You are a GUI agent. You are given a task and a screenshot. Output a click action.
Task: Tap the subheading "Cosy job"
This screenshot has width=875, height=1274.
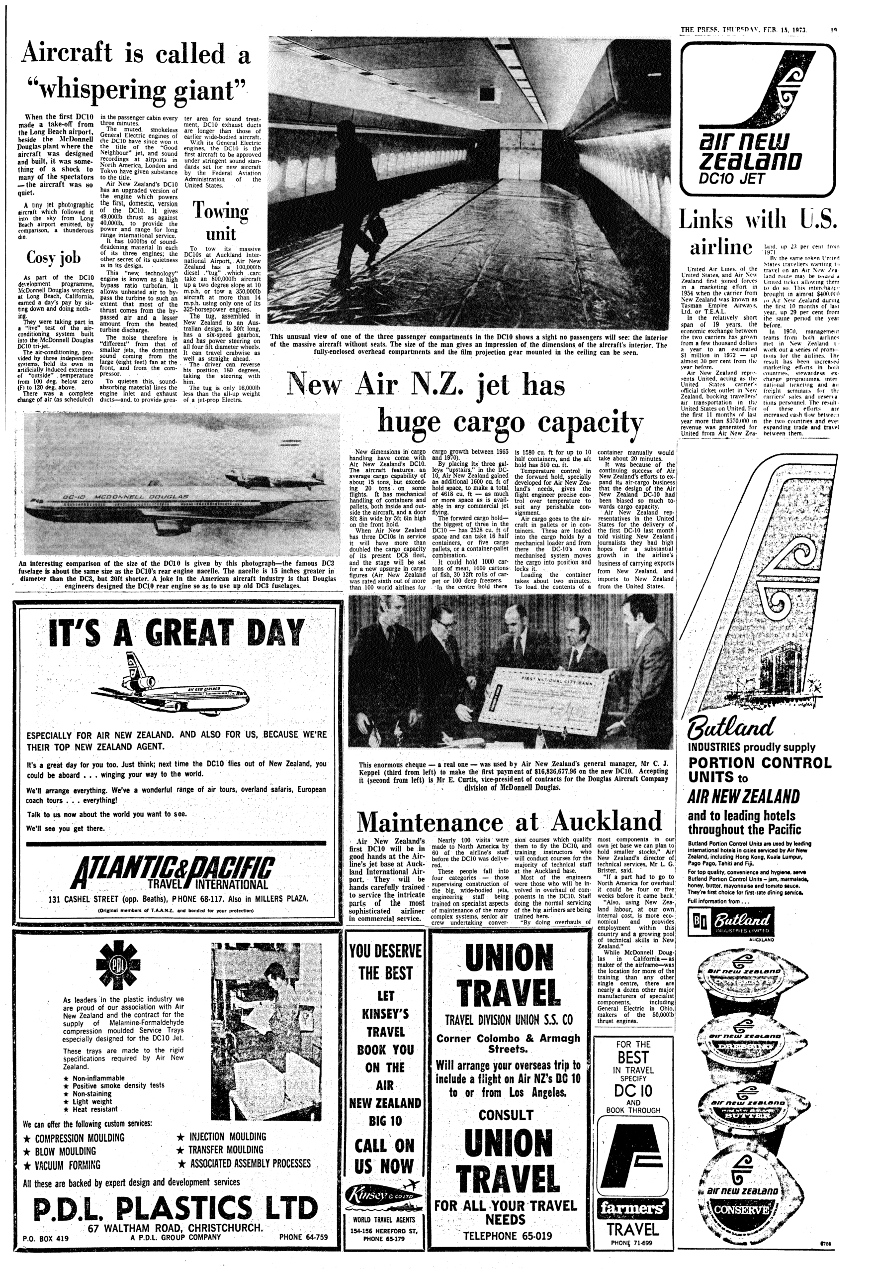tap(54, 257)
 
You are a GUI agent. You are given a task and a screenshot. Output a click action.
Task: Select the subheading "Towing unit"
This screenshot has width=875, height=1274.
tap(221, 223)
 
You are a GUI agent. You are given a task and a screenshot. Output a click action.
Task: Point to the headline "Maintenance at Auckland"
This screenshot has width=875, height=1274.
tap(509, 821)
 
